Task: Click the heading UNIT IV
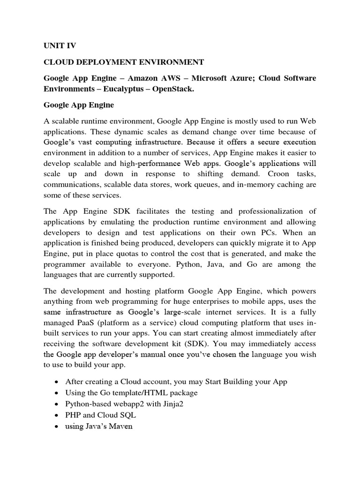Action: point(60,45)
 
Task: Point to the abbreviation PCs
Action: point(262,232)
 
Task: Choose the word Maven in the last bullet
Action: point(121,427)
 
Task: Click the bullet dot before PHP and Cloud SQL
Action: point(57,416)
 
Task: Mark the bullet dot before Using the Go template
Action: point(57,393)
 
